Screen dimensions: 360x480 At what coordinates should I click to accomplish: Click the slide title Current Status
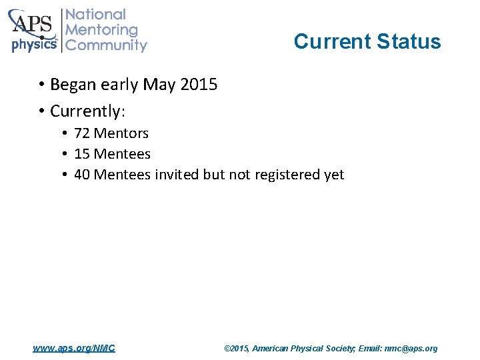tap(367, 41)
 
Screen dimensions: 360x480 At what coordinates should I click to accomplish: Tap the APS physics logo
tap(33, 31)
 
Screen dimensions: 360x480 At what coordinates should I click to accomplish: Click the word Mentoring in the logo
tap(102, 30)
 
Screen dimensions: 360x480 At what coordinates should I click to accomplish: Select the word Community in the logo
tap(107, 45)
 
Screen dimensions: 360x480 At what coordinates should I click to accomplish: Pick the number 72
tap(82, 133)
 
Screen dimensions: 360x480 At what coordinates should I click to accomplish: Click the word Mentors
tap(121, 133)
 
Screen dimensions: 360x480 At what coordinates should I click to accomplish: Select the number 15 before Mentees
tap(82, 154)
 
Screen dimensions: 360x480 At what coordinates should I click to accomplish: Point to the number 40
tap(83, 175)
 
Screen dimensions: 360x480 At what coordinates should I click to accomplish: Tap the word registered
tap(284, 175)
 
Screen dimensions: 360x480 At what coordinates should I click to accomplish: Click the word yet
tap(333, 175)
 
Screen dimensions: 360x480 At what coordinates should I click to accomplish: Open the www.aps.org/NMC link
tap(74, 348)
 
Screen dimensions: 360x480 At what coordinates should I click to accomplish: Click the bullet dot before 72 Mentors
tap(67, 134)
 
